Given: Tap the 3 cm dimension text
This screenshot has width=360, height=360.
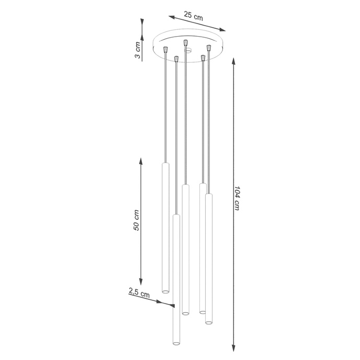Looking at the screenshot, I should [137, 50].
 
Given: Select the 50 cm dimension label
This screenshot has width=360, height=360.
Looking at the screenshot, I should [136, 220].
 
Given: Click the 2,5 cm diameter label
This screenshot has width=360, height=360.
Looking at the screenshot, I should [139, 293].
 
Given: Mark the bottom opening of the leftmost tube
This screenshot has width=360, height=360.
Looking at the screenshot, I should [165, 290].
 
